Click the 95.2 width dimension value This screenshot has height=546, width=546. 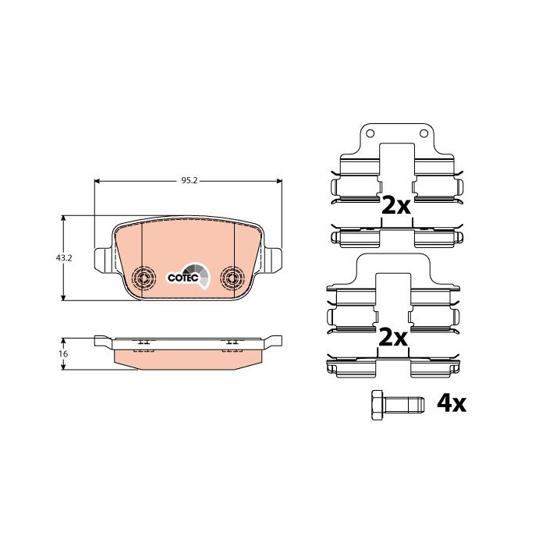pyautogui.click(x=188, y=180)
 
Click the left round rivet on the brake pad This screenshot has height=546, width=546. pyautogui.click(x=144, y=276)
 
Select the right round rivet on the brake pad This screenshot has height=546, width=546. pyautogui.click(x=232, y=276)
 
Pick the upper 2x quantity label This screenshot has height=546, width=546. pyautogui.click(x=395, y=206)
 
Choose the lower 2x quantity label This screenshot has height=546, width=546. pyautogui.click(x=394, y=338)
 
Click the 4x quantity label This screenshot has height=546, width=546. pyautogui.click(x=451, y=403)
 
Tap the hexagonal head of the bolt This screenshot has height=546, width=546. pyautogui.click(x=378, y=403)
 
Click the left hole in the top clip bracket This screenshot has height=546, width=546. pyautogui.click(x=370, y=133)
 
